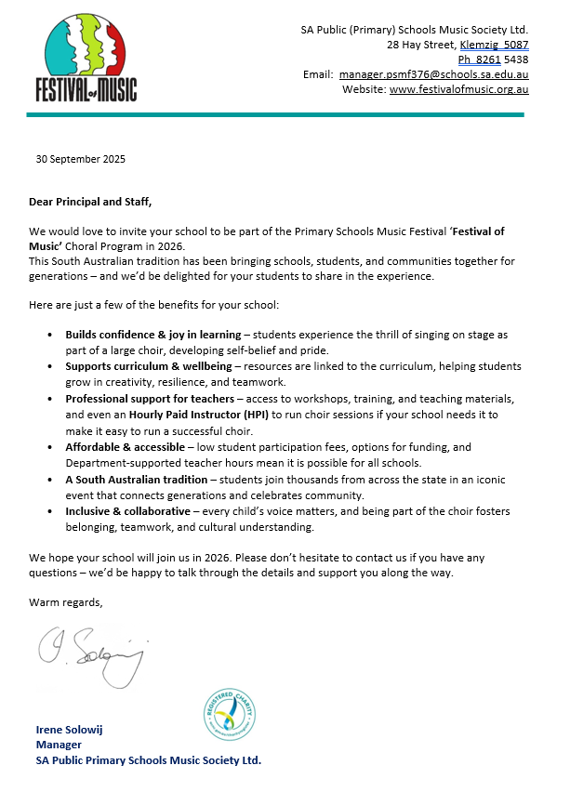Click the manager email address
tap(433, 74)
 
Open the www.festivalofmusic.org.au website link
tap(459, 89)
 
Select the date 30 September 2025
tap(80, 158)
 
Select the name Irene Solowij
tap(69, 730)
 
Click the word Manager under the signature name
tap(59, 745)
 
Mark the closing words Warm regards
tap(66, 602)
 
